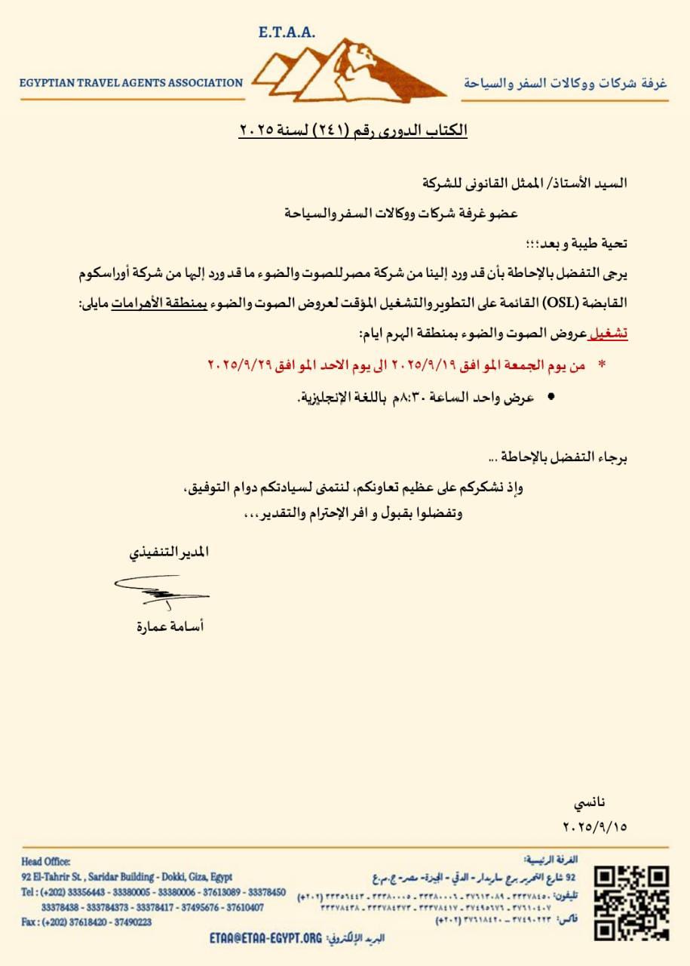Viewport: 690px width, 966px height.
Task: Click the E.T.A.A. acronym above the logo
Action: pyautogui.click(x=286, y=32)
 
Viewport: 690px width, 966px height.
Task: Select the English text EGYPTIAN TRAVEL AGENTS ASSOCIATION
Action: pyautogui.click(x=131, y=83)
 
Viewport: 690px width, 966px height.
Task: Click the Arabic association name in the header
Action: pyautogui.click(x=566, y=82)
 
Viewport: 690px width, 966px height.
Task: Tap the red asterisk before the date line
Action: pyautogui.click(x=602, y=365)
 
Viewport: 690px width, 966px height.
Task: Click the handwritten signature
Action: pyautogui.click(x=160, y=590)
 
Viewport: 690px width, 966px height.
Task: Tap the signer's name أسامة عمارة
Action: pyautogui.click(x=169, y=626)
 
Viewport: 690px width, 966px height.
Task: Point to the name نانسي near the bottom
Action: pyautogui.click(x=589, y=803)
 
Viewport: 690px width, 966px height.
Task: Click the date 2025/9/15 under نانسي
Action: pyautogui.click(x=595, y=826)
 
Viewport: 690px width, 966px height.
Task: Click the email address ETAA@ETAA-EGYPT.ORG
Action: pyautogui.click(x=265, y=938)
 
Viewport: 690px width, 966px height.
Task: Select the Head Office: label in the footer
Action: pyautogui.click(x=46, y=862)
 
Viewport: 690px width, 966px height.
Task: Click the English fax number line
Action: pyautogui.click(x=86, y=921)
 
